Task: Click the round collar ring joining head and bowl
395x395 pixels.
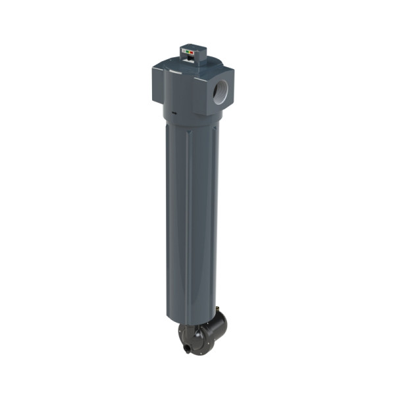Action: (x=191, y=117)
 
